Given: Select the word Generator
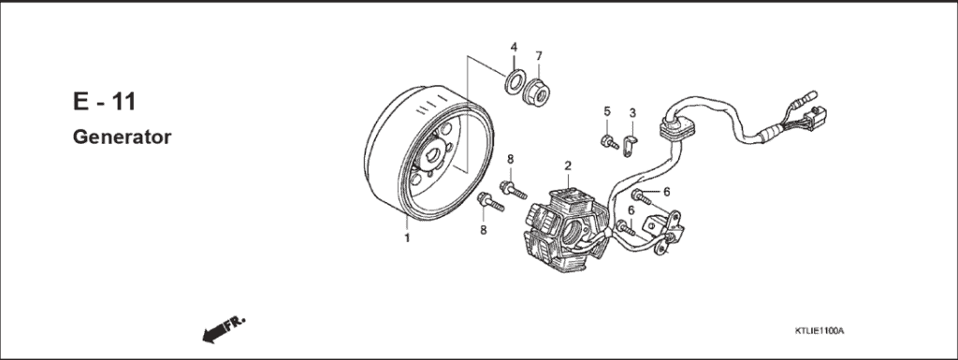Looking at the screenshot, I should pyautogui.click(x=122, y=137).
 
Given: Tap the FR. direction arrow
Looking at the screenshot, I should pyautogui.click(x=223, y=328).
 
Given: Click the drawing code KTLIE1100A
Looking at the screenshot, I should pyautogui.click(x=819, y=331).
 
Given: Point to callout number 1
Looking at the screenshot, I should pyautogui.click(x=407, y=238).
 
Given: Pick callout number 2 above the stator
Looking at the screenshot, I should pyautogui.click(x=567, y=166).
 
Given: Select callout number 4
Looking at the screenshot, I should pyautogui.click(x=514, y=47).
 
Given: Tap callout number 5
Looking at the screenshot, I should pyautogui.click(x=606, y=112).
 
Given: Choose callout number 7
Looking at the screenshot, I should pyautogui.click(x=539, y=55).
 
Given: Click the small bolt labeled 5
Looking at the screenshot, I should pyautogui.click(x=608, y=143).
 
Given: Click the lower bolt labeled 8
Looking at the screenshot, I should pyautogui.click(x=489, y=201).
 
